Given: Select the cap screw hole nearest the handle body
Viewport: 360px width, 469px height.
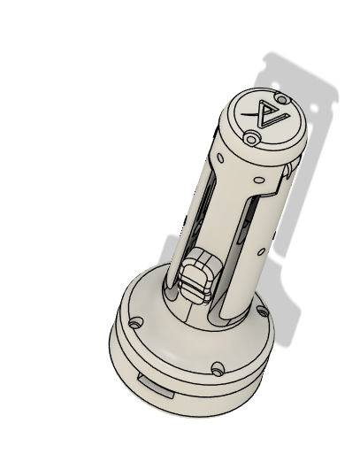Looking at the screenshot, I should point(251,138).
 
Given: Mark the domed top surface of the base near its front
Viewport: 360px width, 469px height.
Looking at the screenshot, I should point(177,345).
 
